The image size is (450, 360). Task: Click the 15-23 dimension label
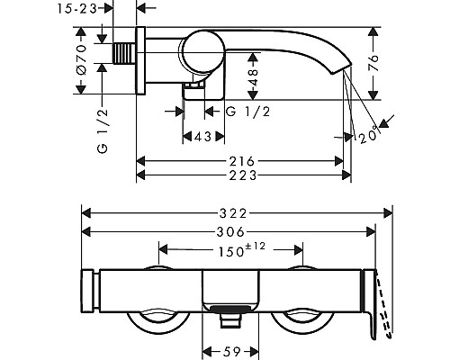(x=77, y=9)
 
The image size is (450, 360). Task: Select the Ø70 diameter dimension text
(x=81, y=59)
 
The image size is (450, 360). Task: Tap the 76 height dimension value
(x=373, y=62)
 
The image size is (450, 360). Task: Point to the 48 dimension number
(x=254, y=76)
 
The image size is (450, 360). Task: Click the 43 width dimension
(x=203, y=137)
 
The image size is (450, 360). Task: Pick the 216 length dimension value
(x=242, y=161)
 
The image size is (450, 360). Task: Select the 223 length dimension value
(x=243, y=175)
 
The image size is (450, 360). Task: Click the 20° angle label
(x=368, y=136)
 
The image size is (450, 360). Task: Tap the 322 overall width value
(x=233, y=213)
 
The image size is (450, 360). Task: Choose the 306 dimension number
(x=230, y=231)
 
